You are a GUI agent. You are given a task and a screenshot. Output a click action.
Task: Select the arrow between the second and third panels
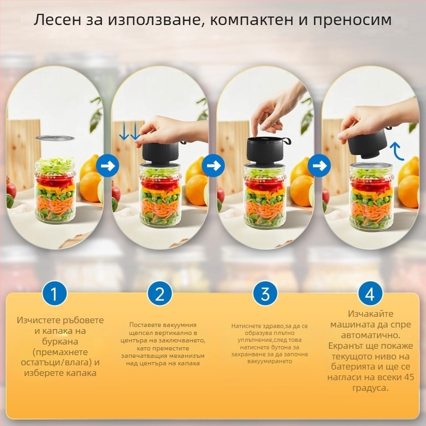point(214,166)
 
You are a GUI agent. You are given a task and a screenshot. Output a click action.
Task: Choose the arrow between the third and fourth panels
point(319,166)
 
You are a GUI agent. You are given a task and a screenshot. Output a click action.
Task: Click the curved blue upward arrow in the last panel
point(396,151)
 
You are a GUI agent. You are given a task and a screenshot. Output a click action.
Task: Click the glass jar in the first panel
point(55,192)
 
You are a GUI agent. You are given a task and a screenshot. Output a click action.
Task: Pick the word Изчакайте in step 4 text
point(371,315)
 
